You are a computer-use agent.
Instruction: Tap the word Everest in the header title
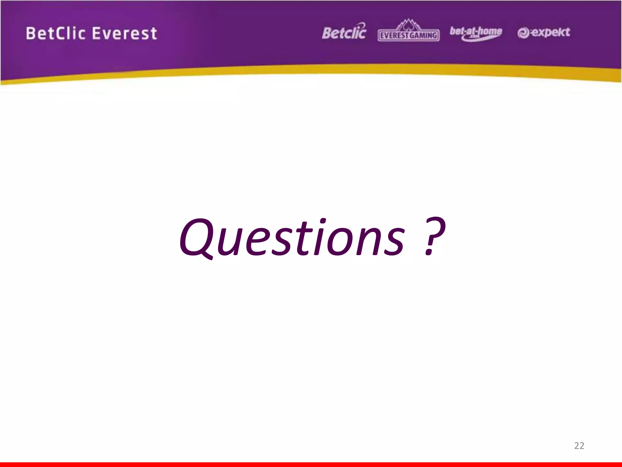[124, 33]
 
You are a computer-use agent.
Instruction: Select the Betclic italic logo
[344, 32]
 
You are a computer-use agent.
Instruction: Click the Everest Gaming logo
[408, 32]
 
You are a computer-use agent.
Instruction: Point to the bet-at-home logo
[476, 33]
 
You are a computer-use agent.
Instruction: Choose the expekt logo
[544, 33]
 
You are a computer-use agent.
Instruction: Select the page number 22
[579, 446]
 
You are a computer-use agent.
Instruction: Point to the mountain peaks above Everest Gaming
[408, 24]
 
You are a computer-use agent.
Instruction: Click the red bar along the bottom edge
[311, 464]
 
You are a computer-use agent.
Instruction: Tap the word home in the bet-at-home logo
[490, 31]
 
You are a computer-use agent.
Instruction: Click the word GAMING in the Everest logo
[423, 36]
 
